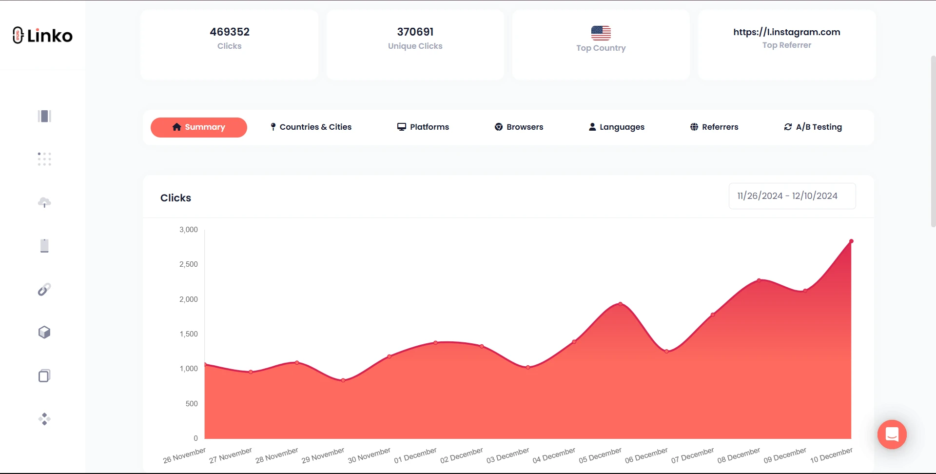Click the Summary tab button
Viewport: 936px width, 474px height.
pos(198,127)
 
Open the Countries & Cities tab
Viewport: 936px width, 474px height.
pos(311,127)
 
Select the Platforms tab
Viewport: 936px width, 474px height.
pos(423,127)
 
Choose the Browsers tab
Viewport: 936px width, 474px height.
pos(519,127)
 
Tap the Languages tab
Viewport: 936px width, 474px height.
pos(617,127)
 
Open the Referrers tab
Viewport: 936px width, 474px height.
pos(714,127)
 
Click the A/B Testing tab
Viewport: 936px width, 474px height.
pos(813,127)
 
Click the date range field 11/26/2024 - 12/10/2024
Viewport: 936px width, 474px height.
pos(792,196)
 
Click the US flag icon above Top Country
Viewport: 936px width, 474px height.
pos(601,33)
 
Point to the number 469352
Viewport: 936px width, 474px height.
pos(230,32)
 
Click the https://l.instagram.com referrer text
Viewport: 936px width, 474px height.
pos(786,32)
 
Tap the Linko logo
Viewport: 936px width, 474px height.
pos(43,36)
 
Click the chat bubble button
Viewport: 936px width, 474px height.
pos(892,434)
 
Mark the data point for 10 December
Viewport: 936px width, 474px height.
pos(851,241)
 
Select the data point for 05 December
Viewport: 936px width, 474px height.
pos(620,304)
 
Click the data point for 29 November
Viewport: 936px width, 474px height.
pos(343,380)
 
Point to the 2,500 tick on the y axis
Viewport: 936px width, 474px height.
pos(189,264)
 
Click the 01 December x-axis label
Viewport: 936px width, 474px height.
pos(415,455)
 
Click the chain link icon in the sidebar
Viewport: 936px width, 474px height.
pos(44,290)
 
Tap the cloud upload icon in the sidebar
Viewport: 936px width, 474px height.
pos(44,202)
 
